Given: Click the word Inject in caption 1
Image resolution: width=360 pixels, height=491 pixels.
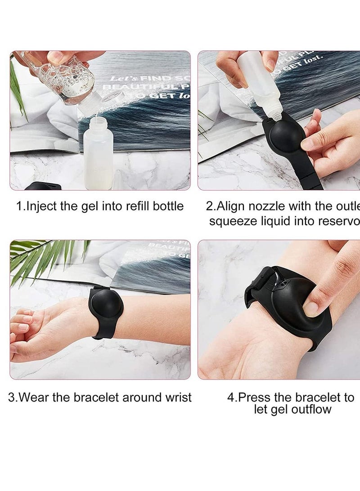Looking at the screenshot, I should click(x=40, y=206).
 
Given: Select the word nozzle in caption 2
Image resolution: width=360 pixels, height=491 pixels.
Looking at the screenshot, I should click(x=270, y=206).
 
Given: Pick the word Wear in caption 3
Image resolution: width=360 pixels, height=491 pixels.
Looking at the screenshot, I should click(x=36, y=397).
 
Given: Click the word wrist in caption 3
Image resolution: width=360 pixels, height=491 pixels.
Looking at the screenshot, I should click(x=177, y=397).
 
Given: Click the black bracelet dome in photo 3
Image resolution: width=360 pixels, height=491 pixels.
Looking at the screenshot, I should click(x=106, y=308).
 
